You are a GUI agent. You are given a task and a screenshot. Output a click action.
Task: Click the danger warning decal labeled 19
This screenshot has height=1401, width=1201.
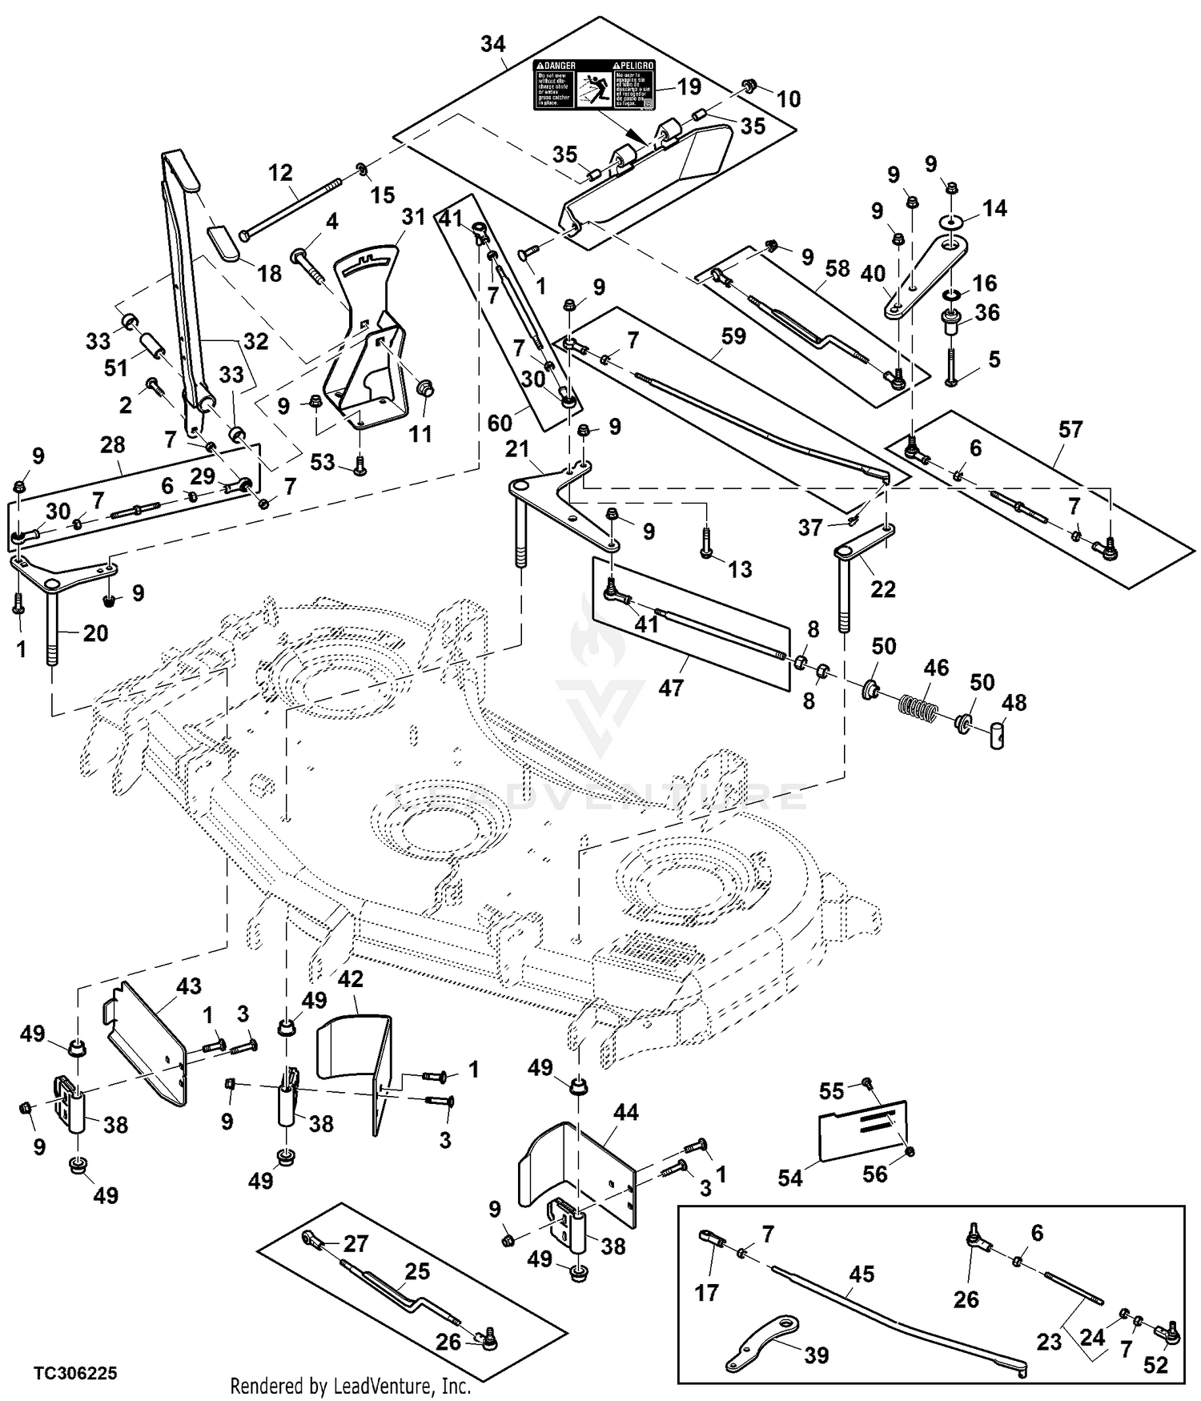594,84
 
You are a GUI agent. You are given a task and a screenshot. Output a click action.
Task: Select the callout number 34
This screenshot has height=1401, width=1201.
493,44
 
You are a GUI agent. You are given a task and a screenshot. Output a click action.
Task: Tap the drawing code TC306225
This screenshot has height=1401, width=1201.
75,1373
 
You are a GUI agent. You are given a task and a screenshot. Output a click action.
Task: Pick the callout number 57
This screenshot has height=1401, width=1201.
1070,430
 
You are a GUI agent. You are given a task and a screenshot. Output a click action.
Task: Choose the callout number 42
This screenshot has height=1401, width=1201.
351,979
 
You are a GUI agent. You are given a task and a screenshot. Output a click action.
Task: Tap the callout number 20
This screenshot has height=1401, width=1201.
95,633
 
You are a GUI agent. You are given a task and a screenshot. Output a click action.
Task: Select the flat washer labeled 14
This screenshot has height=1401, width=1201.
951,219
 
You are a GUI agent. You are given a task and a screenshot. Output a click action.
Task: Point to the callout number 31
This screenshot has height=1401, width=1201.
413,217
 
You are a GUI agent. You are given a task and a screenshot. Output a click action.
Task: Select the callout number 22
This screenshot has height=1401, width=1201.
882,588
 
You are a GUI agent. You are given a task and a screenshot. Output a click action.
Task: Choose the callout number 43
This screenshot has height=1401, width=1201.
189,986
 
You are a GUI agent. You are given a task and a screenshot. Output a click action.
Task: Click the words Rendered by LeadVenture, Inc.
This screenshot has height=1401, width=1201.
350,1386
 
